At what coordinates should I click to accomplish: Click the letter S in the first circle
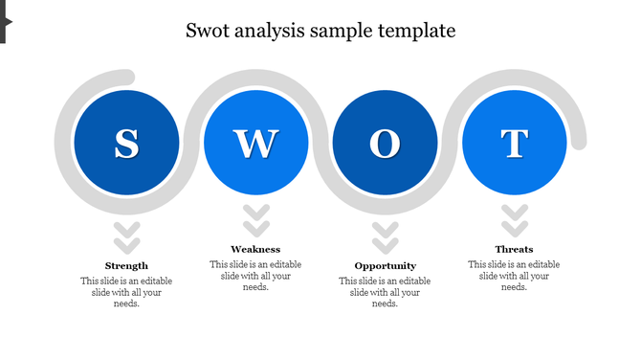click(x=126, y=144)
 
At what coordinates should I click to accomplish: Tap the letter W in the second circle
click(x=255, y=144)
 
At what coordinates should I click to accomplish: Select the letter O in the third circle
click(x=385, y=144)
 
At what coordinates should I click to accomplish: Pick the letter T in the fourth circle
click(x=514, y=144)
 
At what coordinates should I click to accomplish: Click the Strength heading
click(x=126, y=265)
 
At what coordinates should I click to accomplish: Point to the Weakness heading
click(x=255, y=249)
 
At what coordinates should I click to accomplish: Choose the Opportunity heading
click(x=385, y=265)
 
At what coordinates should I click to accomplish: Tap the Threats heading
click(x=514, y=249)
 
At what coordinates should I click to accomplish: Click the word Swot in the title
click(x=208, y=31)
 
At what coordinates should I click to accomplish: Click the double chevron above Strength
click(x=126, y=235)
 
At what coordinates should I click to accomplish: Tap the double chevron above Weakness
click(x=255, y=220)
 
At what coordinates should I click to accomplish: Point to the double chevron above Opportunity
click(x=385, y=235)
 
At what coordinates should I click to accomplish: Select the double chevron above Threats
click(x=514, y=220)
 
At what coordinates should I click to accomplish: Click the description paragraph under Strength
click(x=126, y=292)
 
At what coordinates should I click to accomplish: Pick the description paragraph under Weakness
click(x=255, y=276)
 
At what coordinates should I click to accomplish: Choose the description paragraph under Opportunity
click(x=385, y=292)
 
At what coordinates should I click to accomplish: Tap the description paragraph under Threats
click(x=514, y=276)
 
